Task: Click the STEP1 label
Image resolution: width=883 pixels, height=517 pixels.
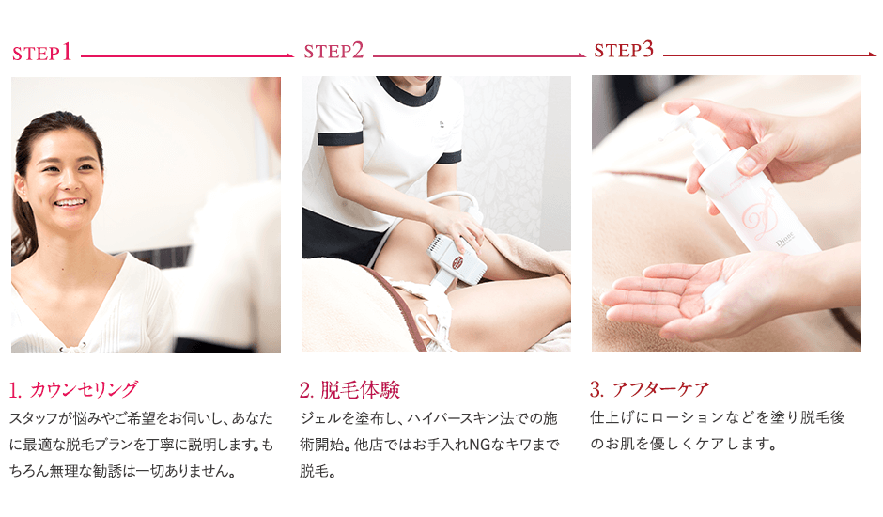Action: tap(42, 53)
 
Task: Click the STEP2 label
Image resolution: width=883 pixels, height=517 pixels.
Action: tap(333, 52)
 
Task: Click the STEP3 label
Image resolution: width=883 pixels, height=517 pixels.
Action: tap(624, 50)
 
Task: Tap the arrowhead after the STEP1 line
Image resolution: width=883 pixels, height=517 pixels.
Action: tap(288, 56)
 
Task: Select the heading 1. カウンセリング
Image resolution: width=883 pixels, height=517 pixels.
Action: tap(73, 389)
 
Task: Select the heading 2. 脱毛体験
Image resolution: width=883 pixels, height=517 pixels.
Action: tap(349, 389)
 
